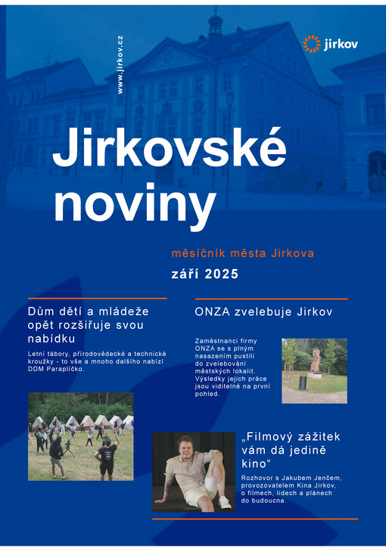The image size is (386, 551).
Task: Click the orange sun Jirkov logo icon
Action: coord(312,44)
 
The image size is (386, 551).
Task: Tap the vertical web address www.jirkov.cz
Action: coord(120,65)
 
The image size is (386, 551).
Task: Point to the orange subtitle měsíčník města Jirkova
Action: coord(242,253)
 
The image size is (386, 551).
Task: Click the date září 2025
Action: coord(203,274)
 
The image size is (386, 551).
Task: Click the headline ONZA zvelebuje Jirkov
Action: coord(263,311)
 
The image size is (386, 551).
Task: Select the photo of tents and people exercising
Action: coord(80,436)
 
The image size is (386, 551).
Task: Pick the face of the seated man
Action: coord(185,446)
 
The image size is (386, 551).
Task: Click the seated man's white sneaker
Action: coord(224,501)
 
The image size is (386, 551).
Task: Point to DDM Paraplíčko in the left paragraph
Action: coord(57,370)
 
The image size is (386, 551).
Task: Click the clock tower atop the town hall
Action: coord(216,23)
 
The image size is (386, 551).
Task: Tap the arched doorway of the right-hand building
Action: coord(376,170)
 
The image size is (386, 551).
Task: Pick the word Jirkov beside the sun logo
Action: coord(341,45)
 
